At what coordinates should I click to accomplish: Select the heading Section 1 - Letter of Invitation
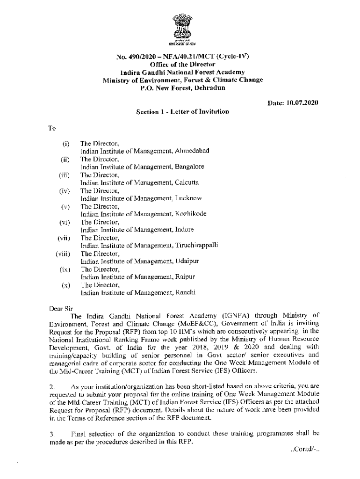coord(182,112)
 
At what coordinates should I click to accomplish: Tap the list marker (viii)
coord(63,254)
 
